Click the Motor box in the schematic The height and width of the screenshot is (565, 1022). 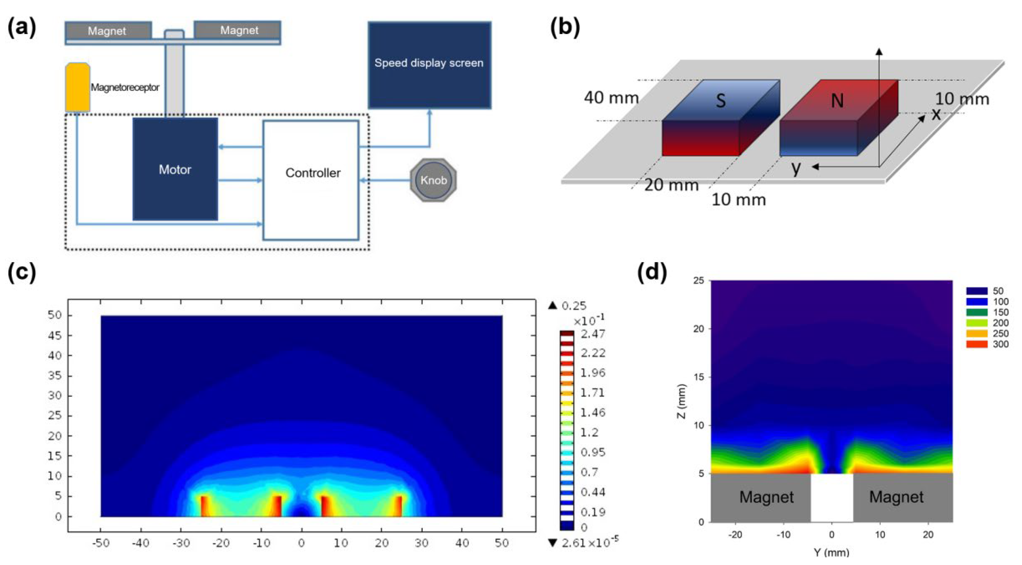[x=175, y=169]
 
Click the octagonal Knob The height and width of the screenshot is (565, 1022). [x=433, y=180]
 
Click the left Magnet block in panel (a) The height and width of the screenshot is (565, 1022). [x=107, y=31]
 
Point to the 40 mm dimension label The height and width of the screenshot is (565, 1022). [x=611, y=97]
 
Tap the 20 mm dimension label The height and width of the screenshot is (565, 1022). [x=671, y=185]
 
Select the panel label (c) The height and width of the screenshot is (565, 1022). [x=22, y=272]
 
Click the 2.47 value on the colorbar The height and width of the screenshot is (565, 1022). [x=593, y=334]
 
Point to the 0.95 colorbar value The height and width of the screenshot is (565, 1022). [x=593, y=452]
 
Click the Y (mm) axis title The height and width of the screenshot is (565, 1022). [x=832, y=552]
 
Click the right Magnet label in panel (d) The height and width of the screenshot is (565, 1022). [x=896, y=497]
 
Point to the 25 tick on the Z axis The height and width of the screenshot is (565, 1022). [x=699, y=281]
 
